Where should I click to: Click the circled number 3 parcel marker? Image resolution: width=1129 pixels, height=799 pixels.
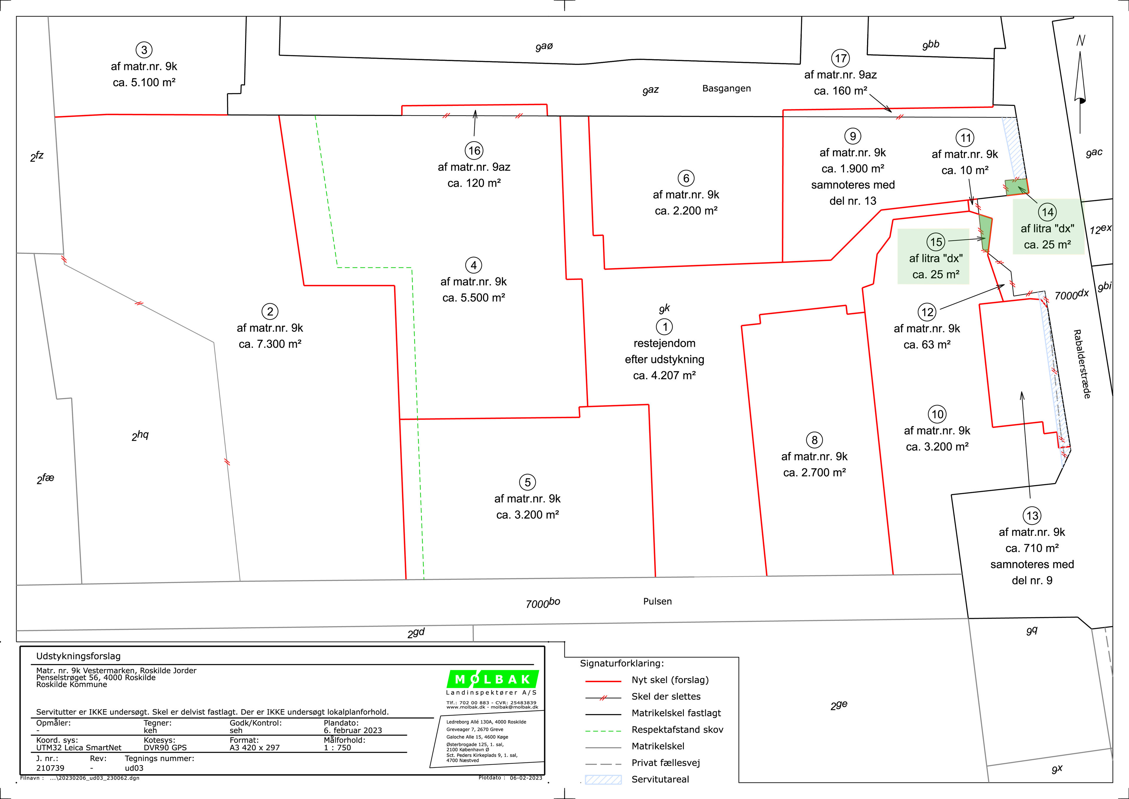coord(144,50)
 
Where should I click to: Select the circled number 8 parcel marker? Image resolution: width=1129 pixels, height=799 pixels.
coord(814,440)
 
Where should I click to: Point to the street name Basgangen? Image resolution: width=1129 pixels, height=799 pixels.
coord(726,89)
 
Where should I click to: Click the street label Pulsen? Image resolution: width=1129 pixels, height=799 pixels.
coord(657,601)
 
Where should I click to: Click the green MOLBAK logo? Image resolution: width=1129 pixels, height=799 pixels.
coord(493,680)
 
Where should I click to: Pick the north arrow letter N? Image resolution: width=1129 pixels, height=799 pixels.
coord(1080,41)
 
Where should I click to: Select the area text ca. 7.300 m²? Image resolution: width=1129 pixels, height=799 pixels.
coord(270,344)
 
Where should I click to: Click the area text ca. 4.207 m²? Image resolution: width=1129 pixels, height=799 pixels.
coord(664,375)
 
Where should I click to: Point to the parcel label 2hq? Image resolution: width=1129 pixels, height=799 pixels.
coord(140,435)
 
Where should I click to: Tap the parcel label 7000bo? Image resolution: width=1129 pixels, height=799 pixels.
coord(543,603)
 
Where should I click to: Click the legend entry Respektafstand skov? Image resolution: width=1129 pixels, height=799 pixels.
coord(677,730)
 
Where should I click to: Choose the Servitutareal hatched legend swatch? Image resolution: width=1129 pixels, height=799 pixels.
coord(603,779)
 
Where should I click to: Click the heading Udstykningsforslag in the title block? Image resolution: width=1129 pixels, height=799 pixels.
coord(78,656)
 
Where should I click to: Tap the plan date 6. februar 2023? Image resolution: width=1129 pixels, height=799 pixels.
coord(353,731)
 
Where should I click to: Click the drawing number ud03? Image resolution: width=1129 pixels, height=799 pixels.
coord(134,768)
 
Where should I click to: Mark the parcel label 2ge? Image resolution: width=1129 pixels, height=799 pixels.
coord(839,705)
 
